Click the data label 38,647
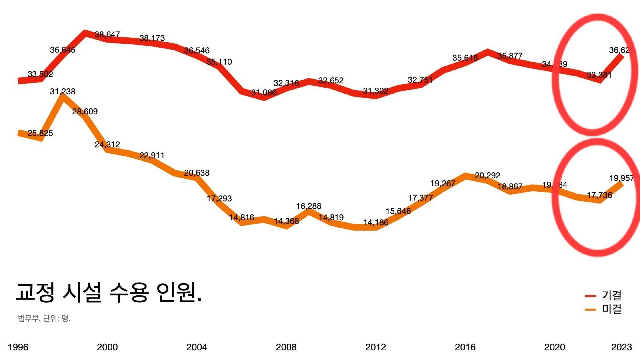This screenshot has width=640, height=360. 107,35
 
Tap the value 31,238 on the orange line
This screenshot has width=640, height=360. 62,92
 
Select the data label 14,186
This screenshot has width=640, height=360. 376,222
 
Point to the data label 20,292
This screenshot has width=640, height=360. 487,176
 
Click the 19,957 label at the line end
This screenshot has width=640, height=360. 621,178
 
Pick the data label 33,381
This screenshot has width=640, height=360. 599,75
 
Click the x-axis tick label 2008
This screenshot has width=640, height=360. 286,347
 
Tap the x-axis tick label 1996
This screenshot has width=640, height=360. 18,347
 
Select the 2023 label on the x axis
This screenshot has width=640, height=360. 621,347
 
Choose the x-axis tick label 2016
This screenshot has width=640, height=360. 465,347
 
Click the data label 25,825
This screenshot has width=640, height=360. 40,133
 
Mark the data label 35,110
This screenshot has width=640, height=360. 219,62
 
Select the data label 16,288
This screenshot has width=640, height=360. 308,206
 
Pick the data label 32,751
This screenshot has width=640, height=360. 420,80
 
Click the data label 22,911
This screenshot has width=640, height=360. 152,156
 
